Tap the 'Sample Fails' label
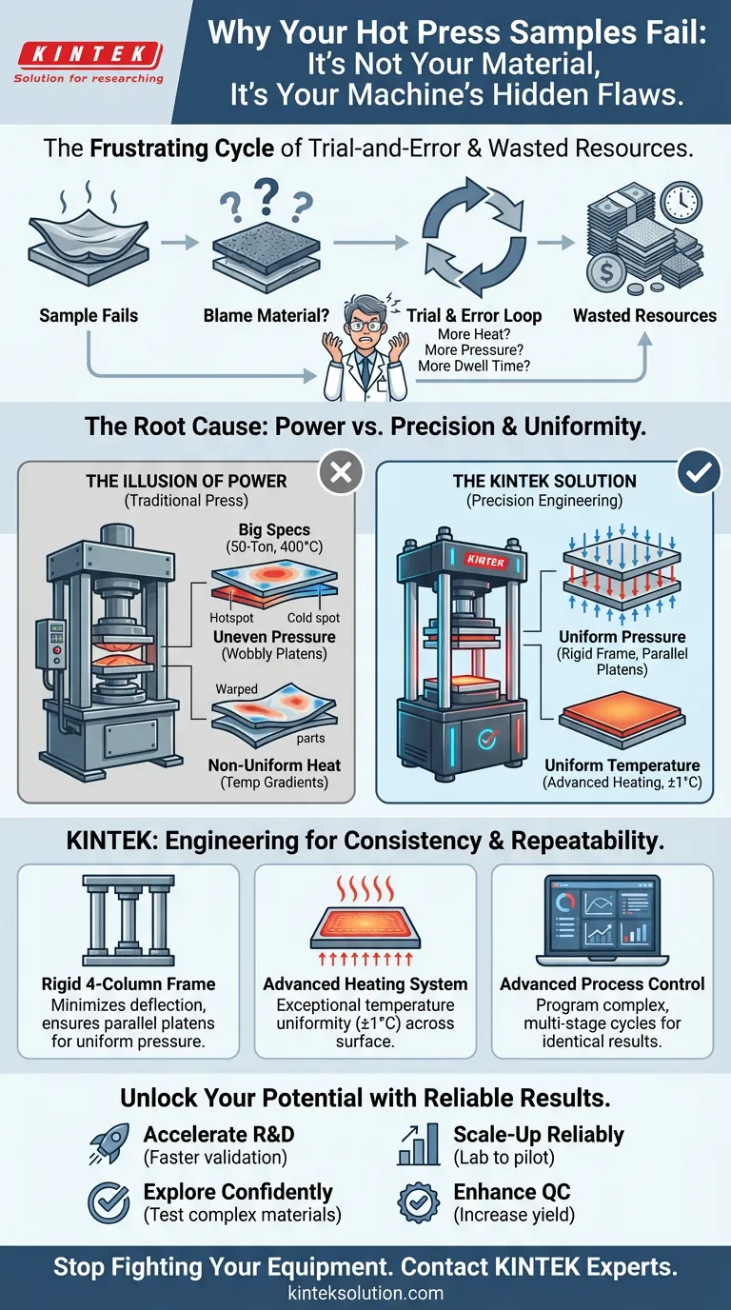tap(88, 315)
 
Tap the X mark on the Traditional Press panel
tap(340, 473)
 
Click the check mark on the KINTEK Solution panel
tap(699, 473)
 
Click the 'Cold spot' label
tap(313, 617)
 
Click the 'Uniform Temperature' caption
tap(622, 765)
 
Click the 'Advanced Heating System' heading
tap(365, 983)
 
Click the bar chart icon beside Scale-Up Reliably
tap(418, 1146)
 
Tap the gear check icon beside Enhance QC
tap(418, 1202)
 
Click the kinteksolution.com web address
tap(365, 1293)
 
